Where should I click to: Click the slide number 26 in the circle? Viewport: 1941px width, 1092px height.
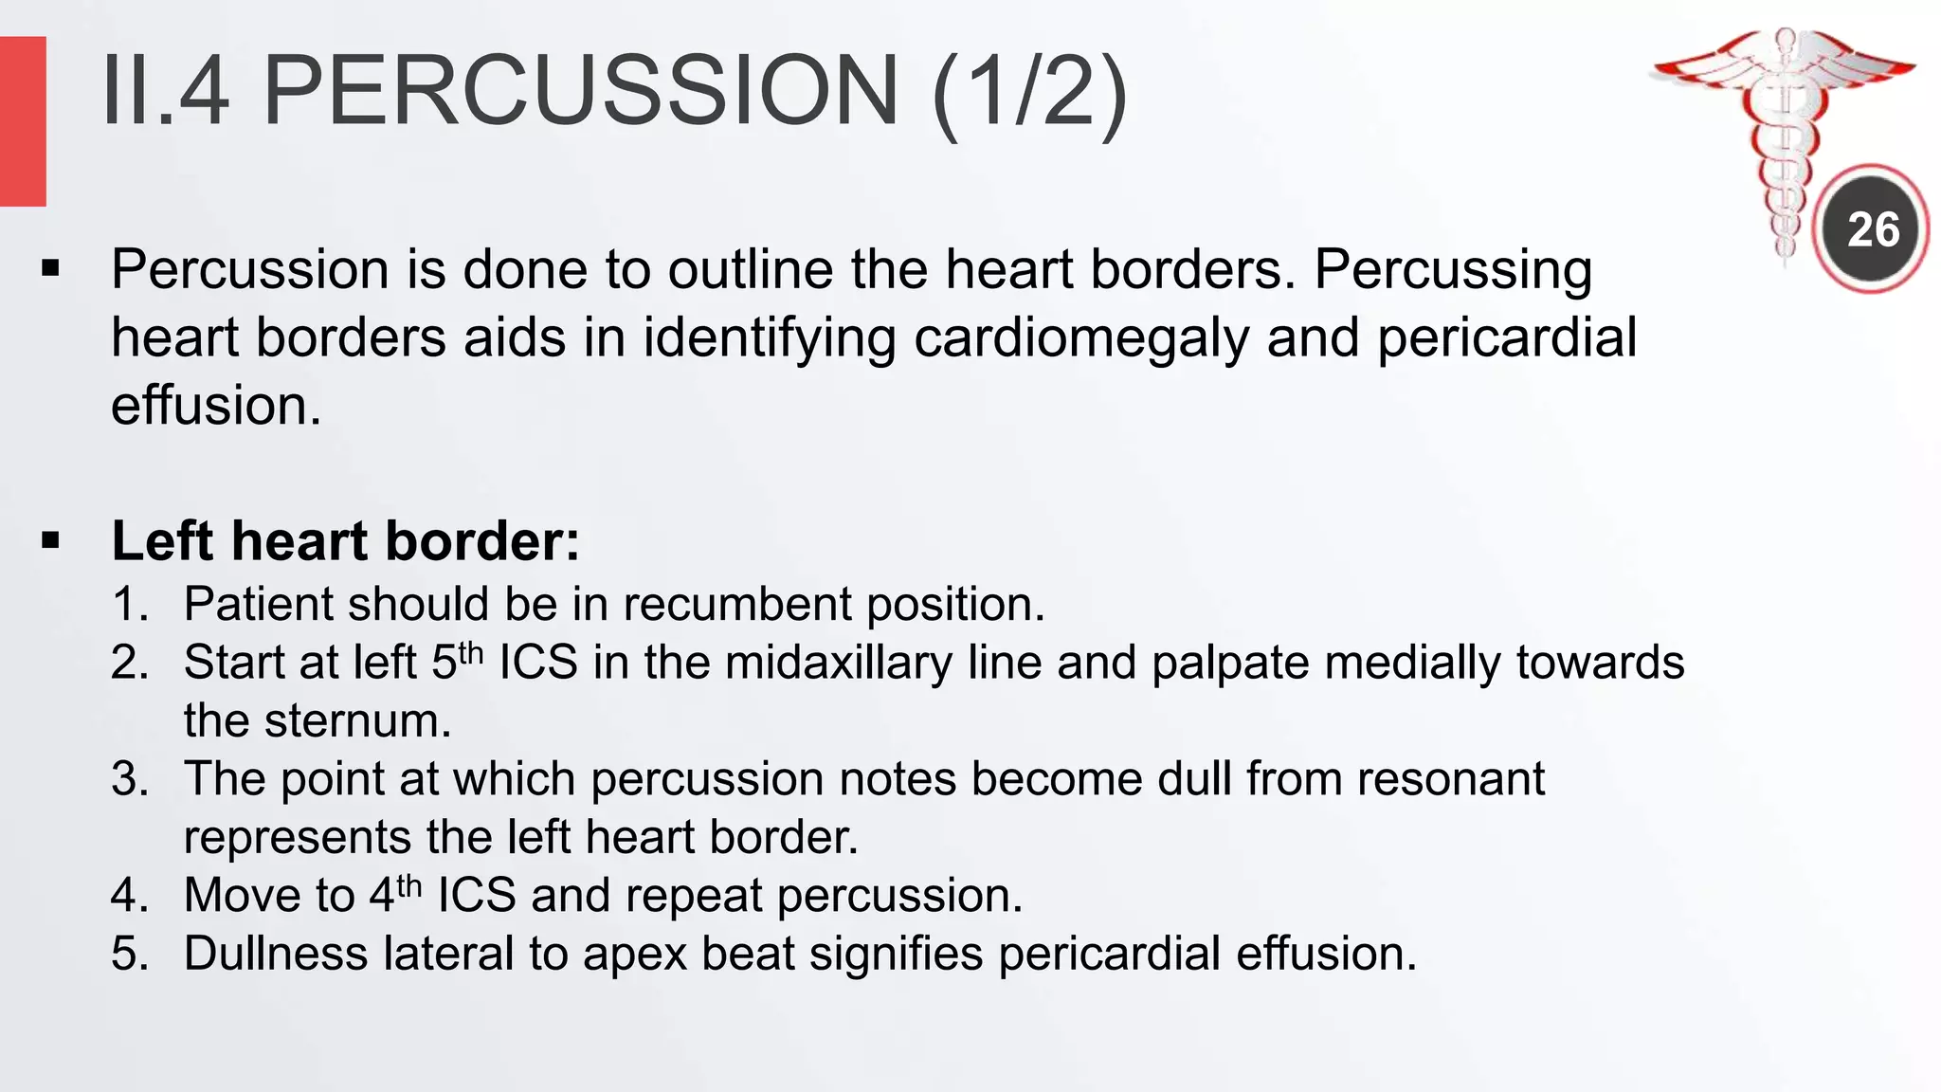[x=1873, y=229]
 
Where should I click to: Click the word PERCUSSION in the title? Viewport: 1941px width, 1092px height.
[x=579, y=91]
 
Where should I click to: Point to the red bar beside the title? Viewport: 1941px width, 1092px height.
[x=23, y=120]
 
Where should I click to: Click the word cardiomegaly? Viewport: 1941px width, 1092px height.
[x=1081, y=337]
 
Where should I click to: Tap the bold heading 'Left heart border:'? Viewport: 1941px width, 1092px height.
[x=345, y=541]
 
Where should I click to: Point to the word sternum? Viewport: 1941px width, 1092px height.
[x=357, y=721]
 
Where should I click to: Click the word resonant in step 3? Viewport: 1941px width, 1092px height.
[x=1450, y=779]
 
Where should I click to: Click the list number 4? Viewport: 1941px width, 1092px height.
[x=129, y=896]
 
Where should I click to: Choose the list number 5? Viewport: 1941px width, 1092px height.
[x=129, y=954]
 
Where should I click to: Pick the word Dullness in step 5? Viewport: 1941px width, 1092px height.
[x=275, y=954]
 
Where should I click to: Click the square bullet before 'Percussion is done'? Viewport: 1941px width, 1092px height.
[x=50, y=269]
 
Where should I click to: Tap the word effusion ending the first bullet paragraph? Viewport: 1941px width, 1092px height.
[x=215, y=406]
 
